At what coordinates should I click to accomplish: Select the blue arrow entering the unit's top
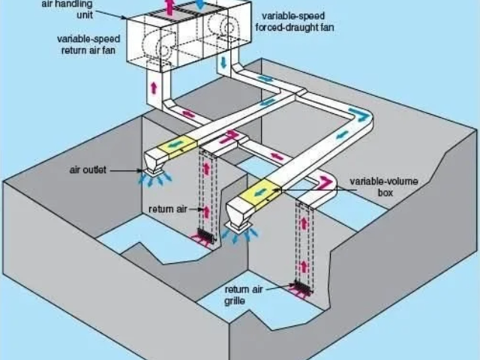point(199,5)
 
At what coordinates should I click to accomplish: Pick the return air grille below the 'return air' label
point(204,236)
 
